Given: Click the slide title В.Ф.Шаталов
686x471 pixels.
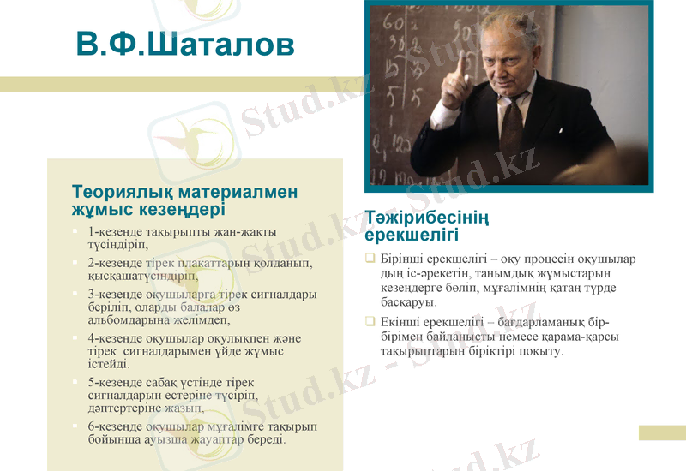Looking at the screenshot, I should [x=184, y=45].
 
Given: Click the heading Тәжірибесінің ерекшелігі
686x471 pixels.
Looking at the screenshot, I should [x=427, y=226].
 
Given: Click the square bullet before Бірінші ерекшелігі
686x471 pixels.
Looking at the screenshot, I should [x=370, y=259].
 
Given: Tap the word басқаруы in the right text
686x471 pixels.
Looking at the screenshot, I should [x=408, y=302].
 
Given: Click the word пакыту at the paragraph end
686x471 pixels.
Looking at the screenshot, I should [x=541, y=351].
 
